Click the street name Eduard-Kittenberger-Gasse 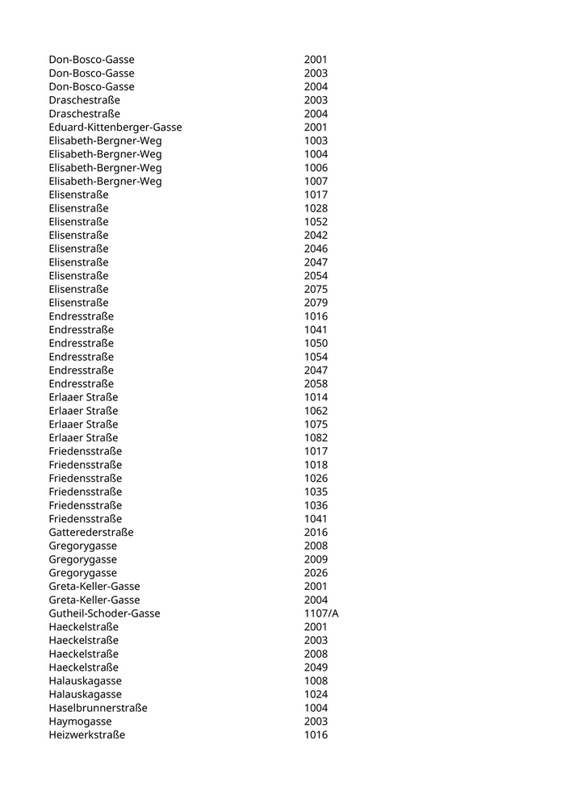115,127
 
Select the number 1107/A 321,613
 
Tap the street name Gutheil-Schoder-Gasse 104,613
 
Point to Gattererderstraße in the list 91,532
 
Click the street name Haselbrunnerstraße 98,708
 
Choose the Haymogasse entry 80,722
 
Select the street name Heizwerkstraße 86,735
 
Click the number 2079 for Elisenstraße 316,303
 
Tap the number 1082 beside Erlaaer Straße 316,437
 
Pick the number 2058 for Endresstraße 316,383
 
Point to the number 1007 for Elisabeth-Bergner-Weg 316,181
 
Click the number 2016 316,532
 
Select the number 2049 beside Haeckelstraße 316,667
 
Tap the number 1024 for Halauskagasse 316,694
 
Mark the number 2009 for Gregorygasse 316,559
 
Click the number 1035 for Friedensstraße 316,492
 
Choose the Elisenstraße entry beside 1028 78,208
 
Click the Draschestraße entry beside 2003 84,100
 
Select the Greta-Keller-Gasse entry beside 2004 94,600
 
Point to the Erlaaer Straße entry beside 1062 83,411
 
